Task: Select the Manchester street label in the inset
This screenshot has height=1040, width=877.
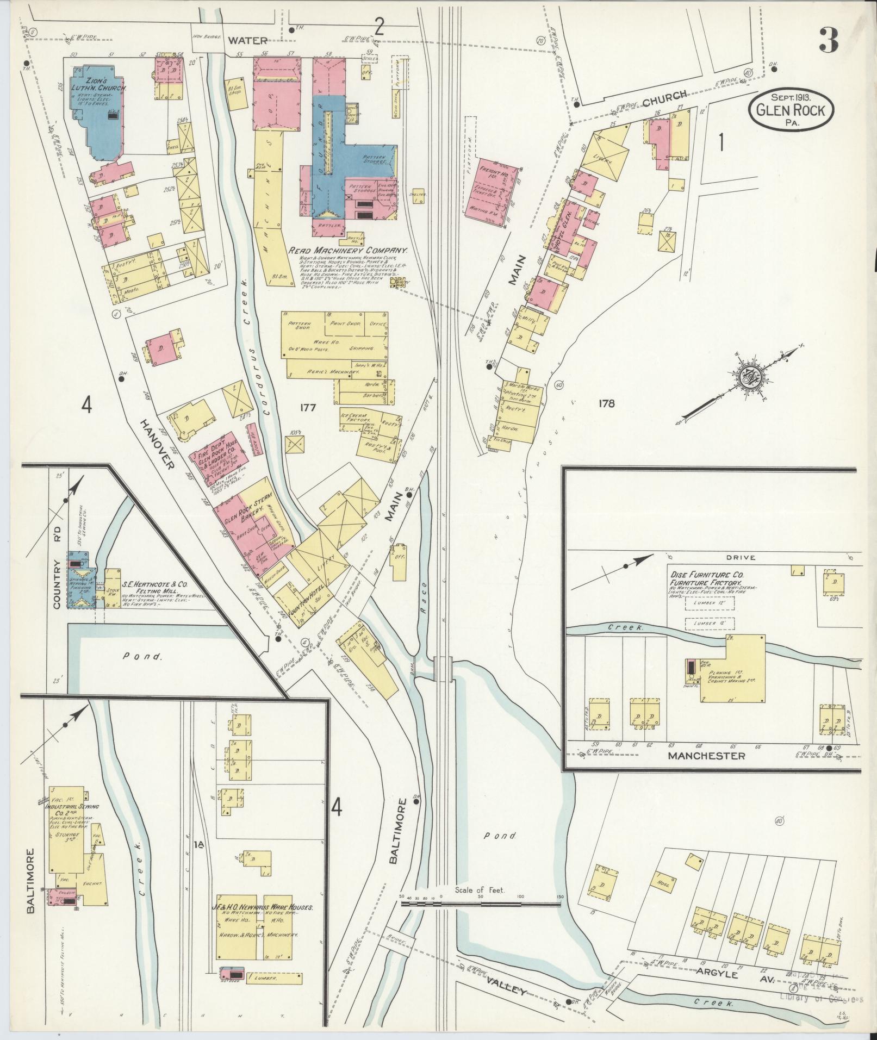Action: (x=706, y=756)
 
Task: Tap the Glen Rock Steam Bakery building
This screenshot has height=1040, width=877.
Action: (x=247, y=516)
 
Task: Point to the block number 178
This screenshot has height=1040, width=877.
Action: (x=606, y=403)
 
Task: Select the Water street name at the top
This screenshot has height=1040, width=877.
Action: (x=247, y=40)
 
